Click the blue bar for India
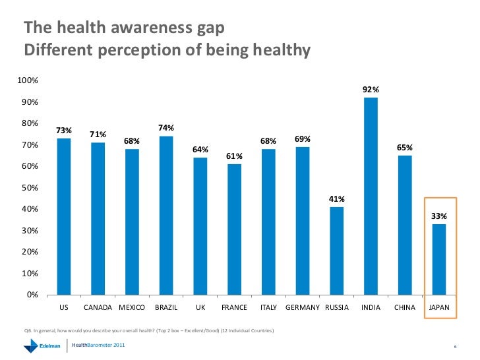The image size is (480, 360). (371, 196)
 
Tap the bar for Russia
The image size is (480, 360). (336, 251)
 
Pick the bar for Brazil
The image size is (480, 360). (166, 215)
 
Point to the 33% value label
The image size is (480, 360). (439, 216)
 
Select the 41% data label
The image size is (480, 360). (336, 198)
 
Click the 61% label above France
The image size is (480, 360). (234, 156)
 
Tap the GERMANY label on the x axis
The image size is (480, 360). (303, 308)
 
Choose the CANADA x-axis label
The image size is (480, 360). (98, 308)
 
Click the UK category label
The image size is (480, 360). (200, 308)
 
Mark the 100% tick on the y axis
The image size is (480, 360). (28, 80)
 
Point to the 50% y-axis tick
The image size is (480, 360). (30, 188)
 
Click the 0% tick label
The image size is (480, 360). (32, 295)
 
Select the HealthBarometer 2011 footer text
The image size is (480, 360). (101, 345)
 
